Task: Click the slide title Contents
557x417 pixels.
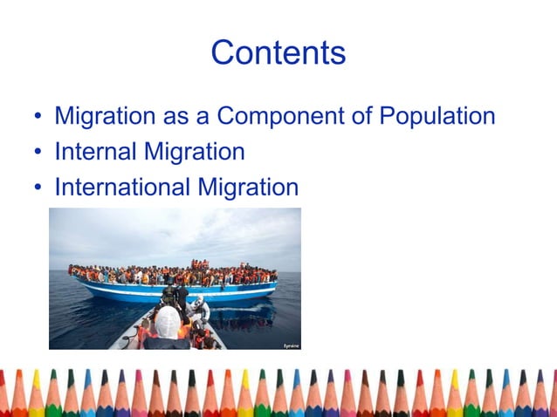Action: (278, 53)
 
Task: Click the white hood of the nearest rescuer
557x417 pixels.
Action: (167, 321)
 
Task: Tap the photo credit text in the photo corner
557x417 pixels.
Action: (290, 345)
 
